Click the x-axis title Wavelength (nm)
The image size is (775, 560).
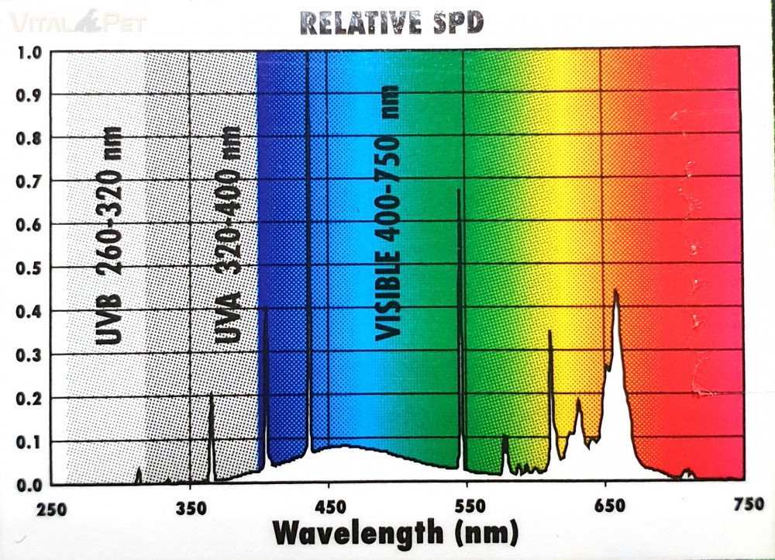394,534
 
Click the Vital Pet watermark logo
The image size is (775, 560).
77,22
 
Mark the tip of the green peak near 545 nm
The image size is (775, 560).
459,190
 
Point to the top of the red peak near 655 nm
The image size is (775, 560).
615,291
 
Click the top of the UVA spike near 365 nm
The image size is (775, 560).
211,394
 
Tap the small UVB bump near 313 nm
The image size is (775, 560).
139,469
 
